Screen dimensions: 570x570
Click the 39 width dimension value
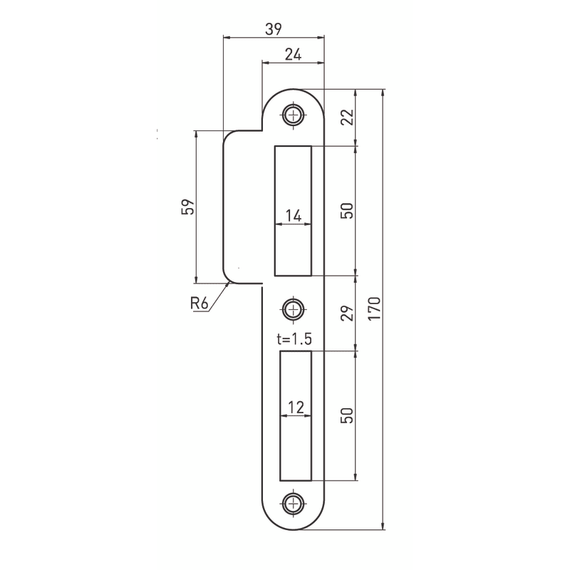click(x=274, y=29)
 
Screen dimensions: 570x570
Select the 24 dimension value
click(x=293, y=55)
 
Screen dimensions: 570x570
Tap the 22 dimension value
click(x=348, y=117)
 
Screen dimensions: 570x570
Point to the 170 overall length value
click(x=374, y=309)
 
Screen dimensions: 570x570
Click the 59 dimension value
click(x=187, y=207)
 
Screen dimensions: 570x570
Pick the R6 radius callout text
click(x=199, y=303)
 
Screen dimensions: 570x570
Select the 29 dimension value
click(x=348, y=313)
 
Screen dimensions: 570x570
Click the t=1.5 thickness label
click(x=294, y=339)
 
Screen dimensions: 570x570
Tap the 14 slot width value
click(x=294, y=216)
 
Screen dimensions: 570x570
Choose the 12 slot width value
click(x=296, y=408)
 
